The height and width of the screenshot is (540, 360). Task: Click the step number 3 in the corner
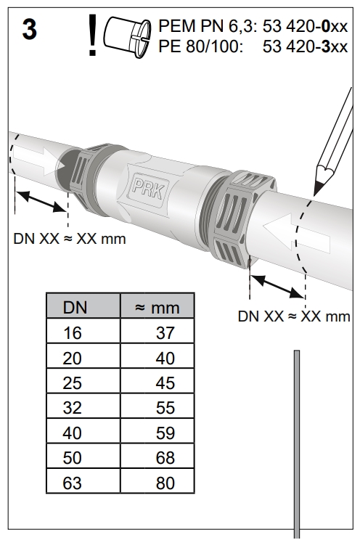(x=30, y=32)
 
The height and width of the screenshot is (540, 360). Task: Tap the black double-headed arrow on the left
(x=41, y=201)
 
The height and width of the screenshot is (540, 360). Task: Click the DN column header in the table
(x=75, y=306)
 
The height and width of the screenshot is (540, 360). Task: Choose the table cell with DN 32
(x=75, y=407)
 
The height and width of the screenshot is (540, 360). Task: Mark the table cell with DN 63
(x=75, y=483)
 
